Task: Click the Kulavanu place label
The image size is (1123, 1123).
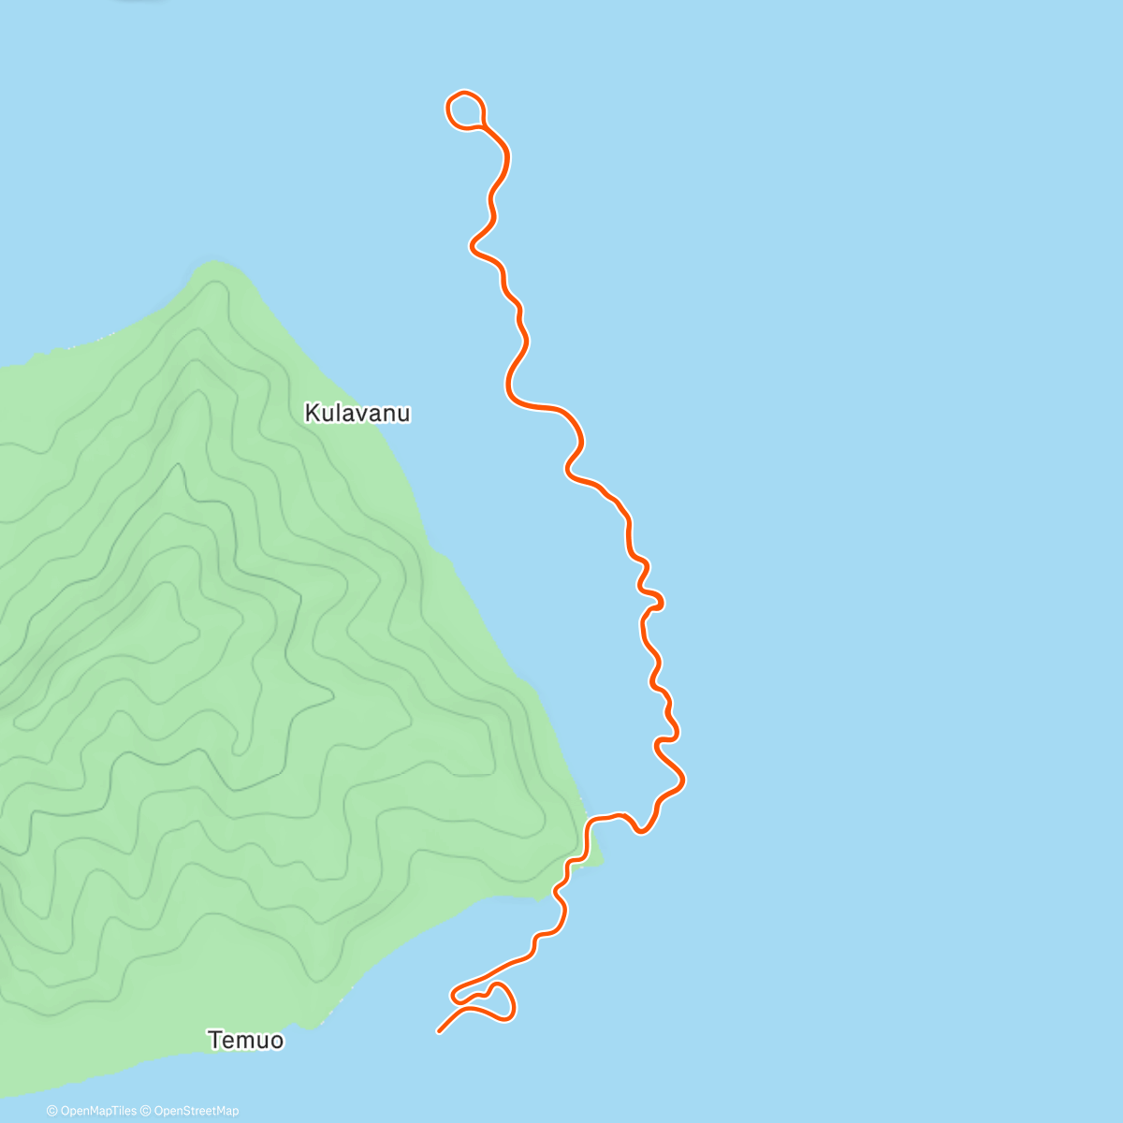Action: tap(357, 413)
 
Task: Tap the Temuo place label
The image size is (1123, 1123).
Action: tap(245, 1040)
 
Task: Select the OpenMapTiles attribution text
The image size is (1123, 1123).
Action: tap(97, 1111)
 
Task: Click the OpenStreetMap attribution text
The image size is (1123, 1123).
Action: tap(196, 1111)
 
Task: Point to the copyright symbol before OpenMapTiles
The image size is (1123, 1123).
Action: tap(51, 1111)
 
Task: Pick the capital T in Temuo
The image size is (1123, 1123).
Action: tap(215, 1040)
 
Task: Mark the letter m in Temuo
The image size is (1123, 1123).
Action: tap(249, 1041)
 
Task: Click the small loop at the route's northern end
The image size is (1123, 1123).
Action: tap(465, 109)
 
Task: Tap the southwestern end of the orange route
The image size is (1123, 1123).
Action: tap(439, 1031)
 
